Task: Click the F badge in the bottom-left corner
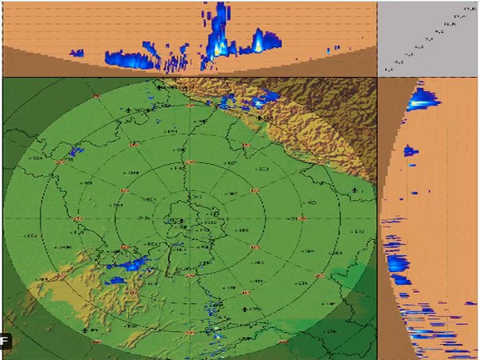point(6,342)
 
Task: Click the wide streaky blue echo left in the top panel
point(132,58)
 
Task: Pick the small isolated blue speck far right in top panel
point(328,51)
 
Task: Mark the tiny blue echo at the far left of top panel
point(78,54)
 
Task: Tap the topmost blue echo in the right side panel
point(422,99)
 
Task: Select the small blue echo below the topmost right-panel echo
point(410,150)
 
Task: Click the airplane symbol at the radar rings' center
point(182,222)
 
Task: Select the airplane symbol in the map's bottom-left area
point(85,328)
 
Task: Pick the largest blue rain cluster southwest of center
point(128,265)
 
